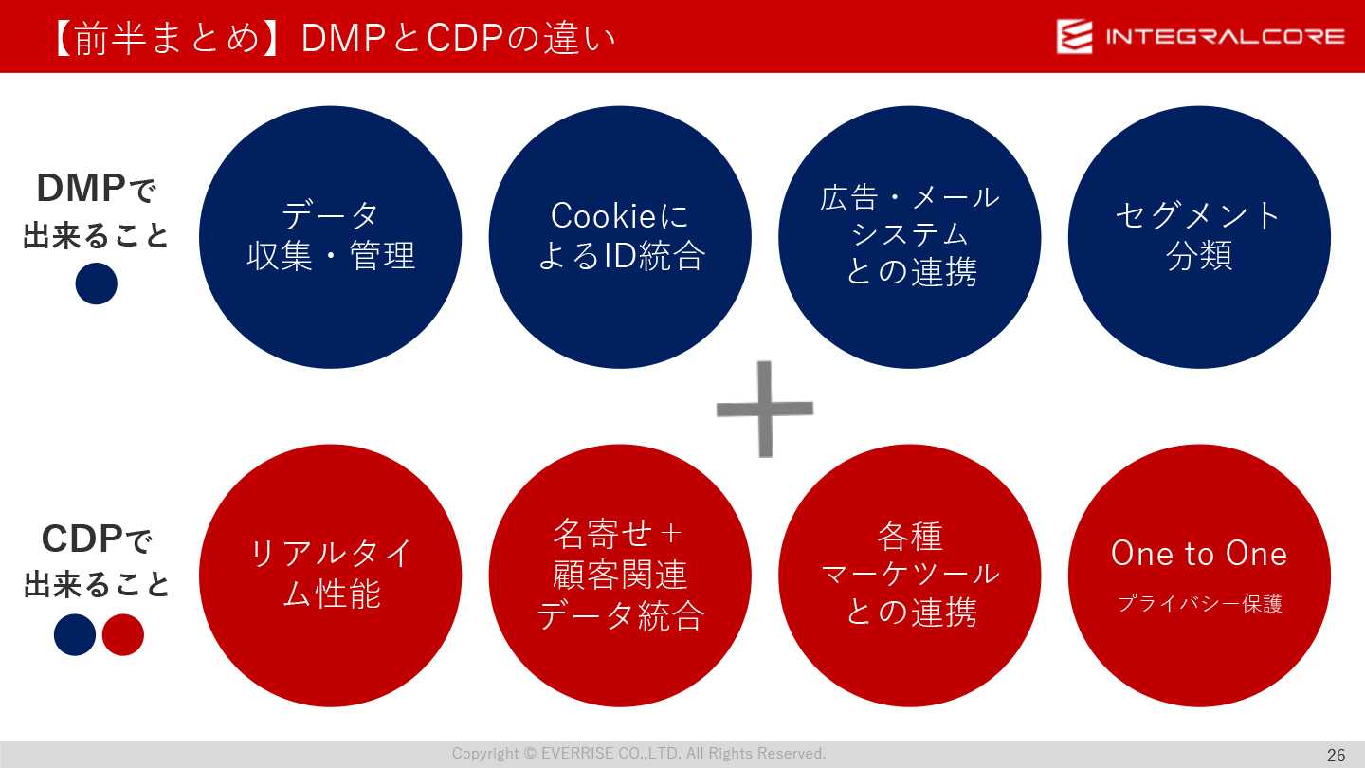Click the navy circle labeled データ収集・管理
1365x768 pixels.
tap(330, 237)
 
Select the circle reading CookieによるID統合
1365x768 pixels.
tap(620, 237)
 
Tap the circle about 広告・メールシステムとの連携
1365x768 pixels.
tap(910, 237)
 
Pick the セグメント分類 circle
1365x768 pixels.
tap(1199, 237)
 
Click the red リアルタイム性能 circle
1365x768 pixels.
tap(330, 576)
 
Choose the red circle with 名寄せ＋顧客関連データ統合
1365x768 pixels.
tap(620, 576)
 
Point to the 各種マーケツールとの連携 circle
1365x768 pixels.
tap(910, 576)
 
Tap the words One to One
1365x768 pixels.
tap(1199, 554)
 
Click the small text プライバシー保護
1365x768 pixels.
tap(1200, 603)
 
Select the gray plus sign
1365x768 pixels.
tap(765, 409)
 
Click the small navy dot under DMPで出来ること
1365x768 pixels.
tap(97, 283)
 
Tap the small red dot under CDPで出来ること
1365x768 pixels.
tap(123, 634)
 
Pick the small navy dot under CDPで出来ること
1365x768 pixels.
tap(75, 634)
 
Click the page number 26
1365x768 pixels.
tap(1337, 755)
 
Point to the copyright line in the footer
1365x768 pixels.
tap(639, 754)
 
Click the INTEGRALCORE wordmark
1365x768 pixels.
tap(1226, 37)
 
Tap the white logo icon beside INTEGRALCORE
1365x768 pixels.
tap(1074, 36)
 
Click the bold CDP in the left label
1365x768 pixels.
tap(82, 539)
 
